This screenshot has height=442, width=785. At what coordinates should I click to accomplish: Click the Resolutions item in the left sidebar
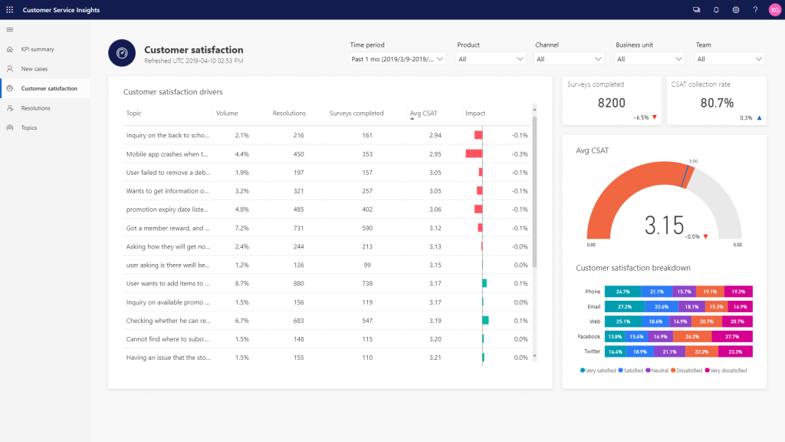pos(35,108)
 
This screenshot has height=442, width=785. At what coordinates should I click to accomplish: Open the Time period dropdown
pos(397,58)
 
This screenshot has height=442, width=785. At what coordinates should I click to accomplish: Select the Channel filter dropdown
pos(570,58)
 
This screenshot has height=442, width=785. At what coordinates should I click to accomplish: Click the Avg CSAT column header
pos(425,114)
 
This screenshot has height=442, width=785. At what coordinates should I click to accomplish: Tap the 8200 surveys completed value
pos(612,103)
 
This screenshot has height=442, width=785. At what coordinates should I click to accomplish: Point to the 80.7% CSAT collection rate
pos(717,103)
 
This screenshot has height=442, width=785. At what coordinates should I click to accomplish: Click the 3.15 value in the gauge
pos(664,225)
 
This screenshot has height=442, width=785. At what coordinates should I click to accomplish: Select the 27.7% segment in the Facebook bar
pos(732,336)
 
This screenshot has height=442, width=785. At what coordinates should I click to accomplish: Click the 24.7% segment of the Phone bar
pos(622,292)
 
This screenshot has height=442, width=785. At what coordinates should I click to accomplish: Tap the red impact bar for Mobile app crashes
pos(474,153)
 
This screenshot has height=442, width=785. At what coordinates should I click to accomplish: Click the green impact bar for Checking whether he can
pos(485,320)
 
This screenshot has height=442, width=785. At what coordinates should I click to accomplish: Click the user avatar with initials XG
pos(774,9)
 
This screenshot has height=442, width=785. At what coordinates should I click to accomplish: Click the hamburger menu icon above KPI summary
pos(10,29)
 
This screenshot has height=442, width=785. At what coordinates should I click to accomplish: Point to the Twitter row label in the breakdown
pos(592,351)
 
